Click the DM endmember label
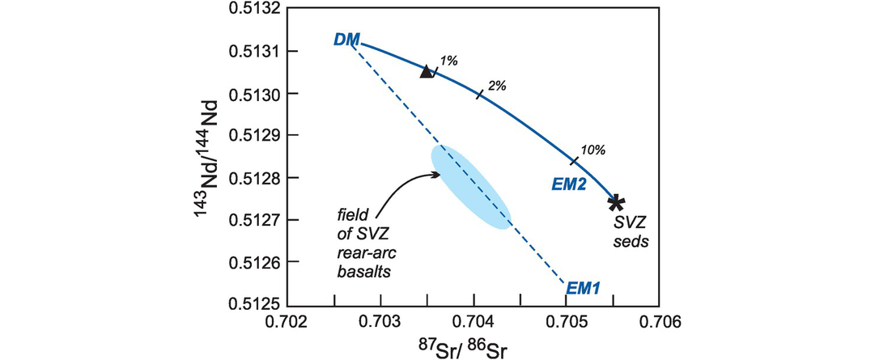[x=346, y=39]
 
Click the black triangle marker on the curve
[x=427, y=71]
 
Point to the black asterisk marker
[x=616, y=201]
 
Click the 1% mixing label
[x=448, y=60]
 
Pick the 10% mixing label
[x=593, y=150]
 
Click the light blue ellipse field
[x=471, y=187]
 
